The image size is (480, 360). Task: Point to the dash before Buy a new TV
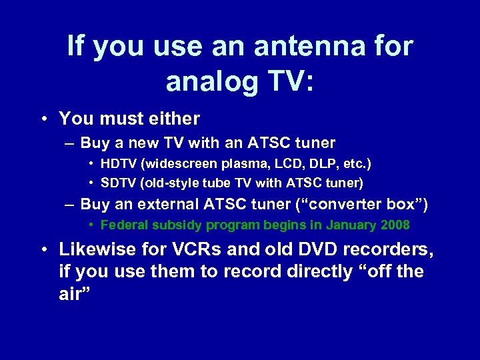coord(70,143)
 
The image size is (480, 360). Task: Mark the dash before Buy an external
coord(70,205)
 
